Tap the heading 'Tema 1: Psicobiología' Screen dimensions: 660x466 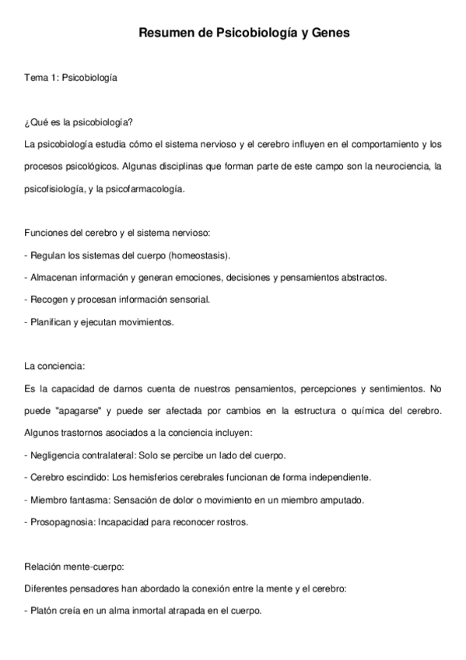[x=71, y=78]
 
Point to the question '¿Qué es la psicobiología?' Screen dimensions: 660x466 [x=79, y=123]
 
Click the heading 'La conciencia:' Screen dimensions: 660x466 [x=54, y=366]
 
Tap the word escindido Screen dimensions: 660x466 [x=89, y=476]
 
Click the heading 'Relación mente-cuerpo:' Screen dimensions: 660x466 [x=75, y=567]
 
